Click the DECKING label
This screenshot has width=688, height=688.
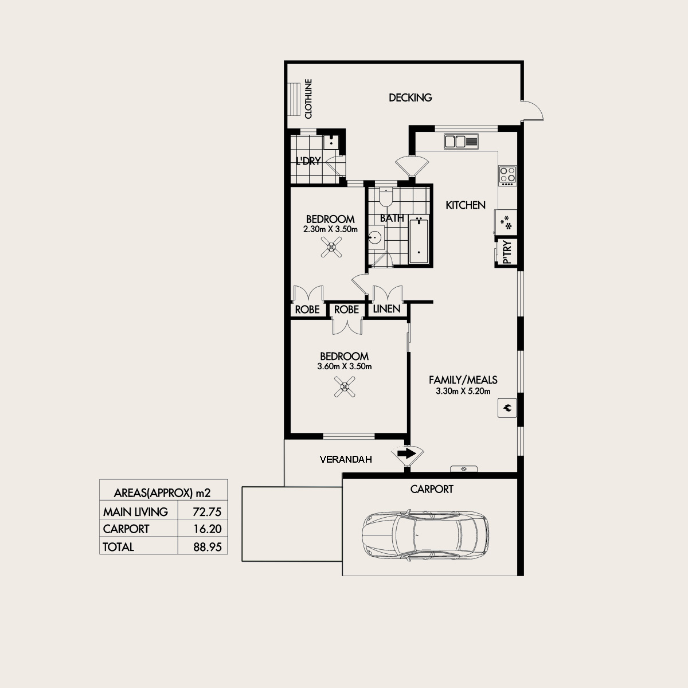(410, 97)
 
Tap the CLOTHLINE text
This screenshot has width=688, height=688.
(308, 99)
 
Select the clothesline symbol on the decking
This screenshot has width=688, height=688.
(294, 99)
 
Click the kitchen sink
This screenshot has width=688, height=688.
(461, 141)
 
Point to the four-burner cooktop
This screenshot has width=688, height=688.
(507, 175)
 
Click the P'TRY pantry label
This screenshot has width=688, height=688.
(507, 253)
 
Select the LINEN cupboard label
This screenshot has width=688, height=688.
(386, 310)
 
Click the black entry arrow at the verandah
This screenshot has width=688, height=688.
(406, 454)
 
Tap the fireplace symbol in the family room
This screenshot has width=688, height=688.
(507, 408)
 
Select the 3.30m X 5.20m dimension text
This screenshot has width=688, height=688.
(463, 392)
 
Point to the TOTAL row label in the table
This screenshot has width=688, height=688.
(118, 547)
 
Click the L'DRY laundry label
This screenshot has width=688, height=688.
(308, 162)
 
